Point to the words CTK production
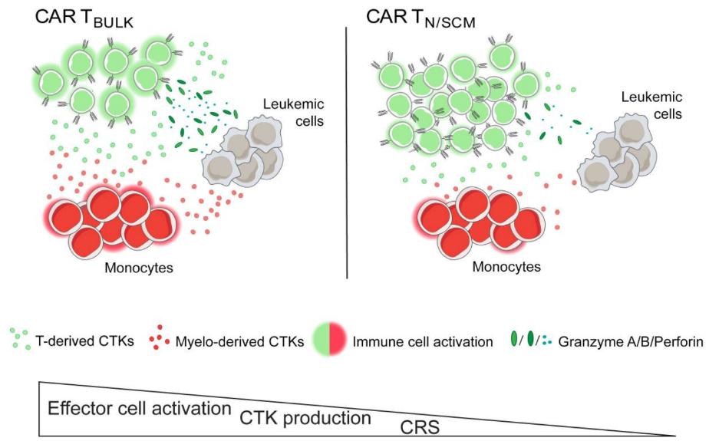coord(305,419)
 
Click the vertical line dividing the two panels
coord(348,153)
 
